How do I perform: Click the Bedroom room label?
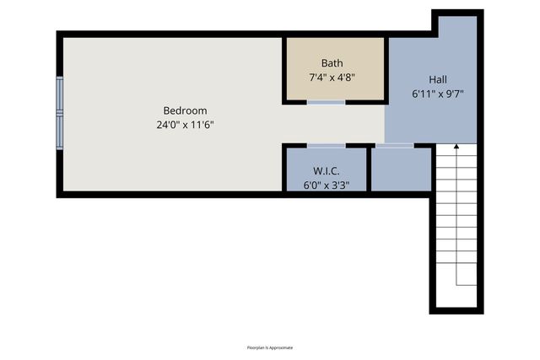[x=185, y=110]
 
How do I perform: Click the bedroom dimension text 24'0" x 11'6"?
[x=185, y=125]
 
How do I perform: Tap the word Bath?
[x=332, y=63]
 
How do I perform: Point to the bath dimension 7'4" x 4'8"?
[x=332, y=77]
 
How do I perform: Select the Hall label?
[x=437, y=79]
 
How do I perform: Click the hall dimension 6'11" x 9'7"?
[x=437, y=94]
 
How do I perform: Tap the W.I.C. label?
[x=326, y=172]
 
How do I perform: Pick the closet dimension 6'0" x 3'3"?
[x=326, y=185]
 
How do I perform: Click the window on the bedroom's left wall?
[x=60, y=113]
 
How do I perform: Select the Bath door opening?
[x=326, y=102]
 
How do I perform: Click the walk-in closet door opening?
[x=326, y=146]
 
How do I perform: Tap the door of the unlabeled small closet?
[x=394, y=146]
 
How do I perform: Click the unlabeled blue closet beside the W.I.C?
[x=402, y=170]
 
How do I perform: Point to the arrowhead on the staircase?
[x=456, y=147]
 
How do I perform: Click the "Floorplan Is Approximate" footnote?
[x=270, y=347]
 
